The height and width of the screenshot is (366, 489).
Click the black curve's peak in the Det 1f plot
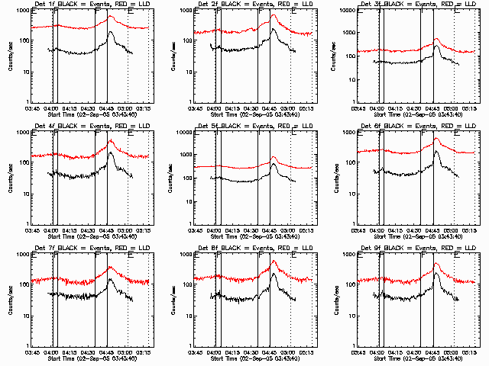112,32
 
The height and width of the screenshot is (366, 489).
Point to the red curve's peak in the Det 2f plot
274,15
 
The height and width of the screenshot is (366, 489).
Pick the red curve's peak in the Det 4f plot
111,140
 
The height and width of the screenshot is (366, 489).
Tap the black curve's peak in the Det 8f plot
274,274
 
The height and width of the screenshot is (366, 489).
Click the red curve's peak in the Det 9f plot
436,264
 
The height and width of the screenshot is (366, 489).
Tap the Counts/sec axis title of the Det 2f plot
173,57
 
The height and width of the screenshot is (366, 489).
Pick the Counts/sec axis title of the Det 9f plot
337,301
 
